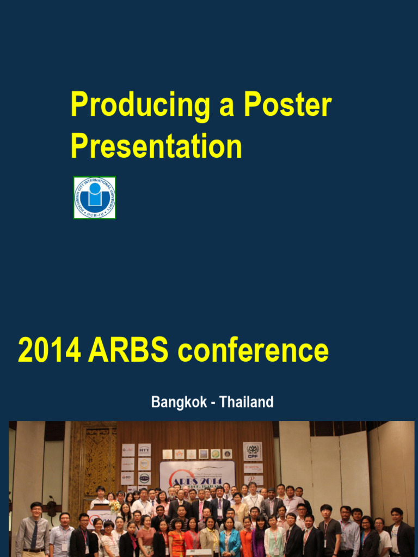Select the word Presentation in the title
click(x=156, y=146)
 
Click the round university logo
click(x=95, y=197)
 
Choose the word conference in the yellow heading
click(x=253, y=351)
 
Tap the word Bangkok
click(x=179, y=403)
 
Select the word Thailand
click(x=246, y=403)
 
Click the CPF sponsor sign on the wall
click(x=252, y=451)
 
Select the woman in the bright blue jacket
click(x=229, y=540)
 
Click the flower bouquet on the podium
click(x=114, y=506)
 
